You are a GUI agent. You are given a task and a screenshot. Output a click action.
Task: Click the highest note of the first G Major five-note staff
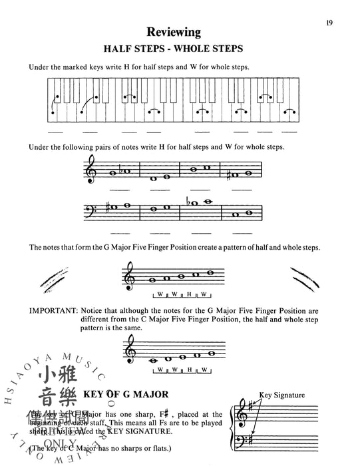(x=212, y=272)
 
